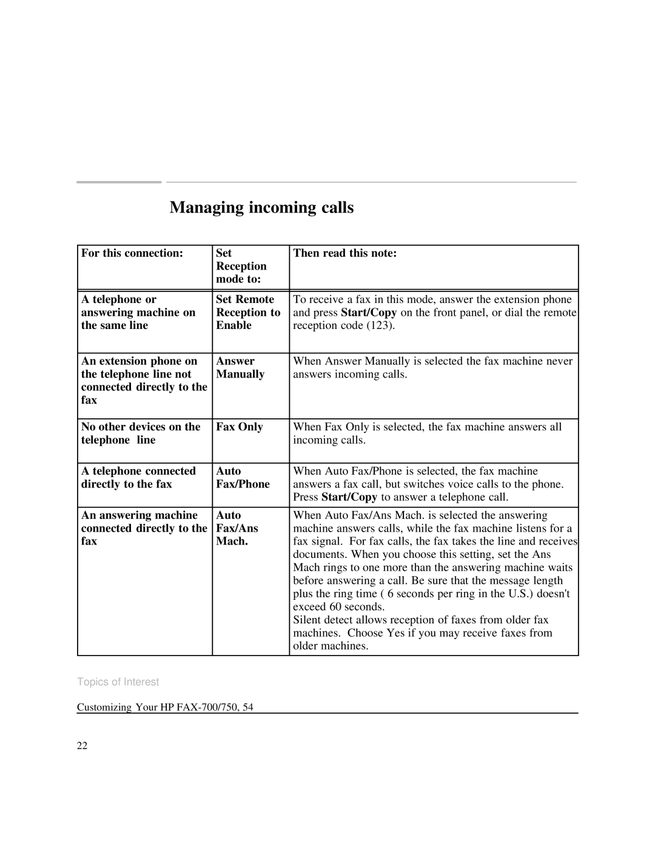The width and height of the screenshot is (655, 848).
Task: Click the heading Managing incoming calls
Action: pos(261,208)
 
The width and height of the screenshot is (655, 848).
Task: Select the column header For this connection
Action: pos(132,253)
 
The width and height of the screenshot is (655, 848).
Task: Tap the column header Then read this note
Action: pos(344,253)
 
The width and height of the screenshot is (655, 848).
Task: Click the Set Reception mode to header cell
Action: pos(241,266)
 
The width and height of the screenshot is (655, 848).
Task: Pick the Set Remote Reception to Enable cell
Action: pos(248,312)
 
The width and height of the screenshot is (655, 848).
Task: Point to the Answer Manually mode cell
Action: pos(240,367)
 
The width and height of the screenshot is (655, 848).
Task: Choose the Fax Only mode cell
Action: pos(240,427)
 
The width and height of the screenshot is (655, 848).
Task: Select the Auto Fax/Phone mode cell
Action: pos(243,477)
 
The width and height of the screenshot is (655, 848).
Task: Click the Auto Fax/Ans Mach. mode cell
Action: pos(237,528)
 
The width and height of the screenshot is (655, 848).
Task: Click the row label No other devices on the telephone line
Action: pos(141,433)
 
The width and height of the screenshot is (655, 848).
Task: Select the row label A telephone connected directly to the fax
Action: pos(138,477)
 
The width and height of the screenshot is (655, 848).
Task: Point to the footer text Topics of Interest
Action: pos(118,682)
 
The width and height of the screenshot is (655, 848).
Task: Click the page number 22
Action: pos(82,746)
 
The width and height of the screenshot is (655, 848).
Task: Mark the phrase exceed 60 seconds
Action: pos(330,607)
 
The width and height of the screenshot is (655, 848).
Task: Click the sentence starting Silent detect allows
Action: pos(421,620)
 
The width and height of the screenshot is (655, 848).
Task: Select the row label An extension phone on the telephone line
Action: pos(144,380)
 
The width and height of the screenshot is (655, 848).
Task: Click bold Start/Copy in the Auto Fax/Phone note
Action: pos(349,497)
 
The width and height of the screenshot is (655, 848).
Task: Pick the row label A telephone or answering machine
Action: pos(138,312)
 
